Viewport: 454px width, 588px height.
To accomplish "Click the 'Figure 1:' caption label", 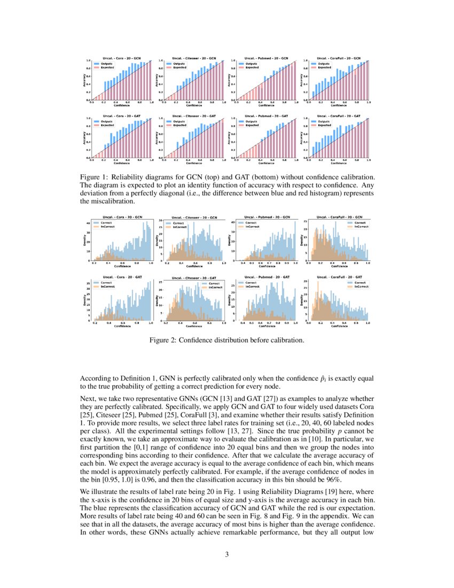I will [95, 177].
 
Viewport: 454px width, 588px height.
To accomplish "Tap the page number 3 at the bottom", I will [227, 554].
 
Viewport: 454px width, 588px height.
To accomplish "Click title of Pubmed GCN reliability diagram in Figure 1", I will [266, 58].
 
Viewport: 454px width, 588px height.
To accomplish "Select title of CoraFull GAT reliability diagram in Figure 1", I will [338, 116].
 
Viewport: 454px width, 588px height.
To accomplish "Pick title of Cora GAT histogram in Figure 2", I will [122, 277].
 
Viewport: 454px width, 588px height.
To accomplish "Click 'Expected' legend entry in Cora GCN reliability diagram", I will [105, 67].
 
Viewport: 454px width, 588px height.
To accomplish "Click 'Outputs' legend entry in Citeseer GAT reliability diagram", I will [179, 121].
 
